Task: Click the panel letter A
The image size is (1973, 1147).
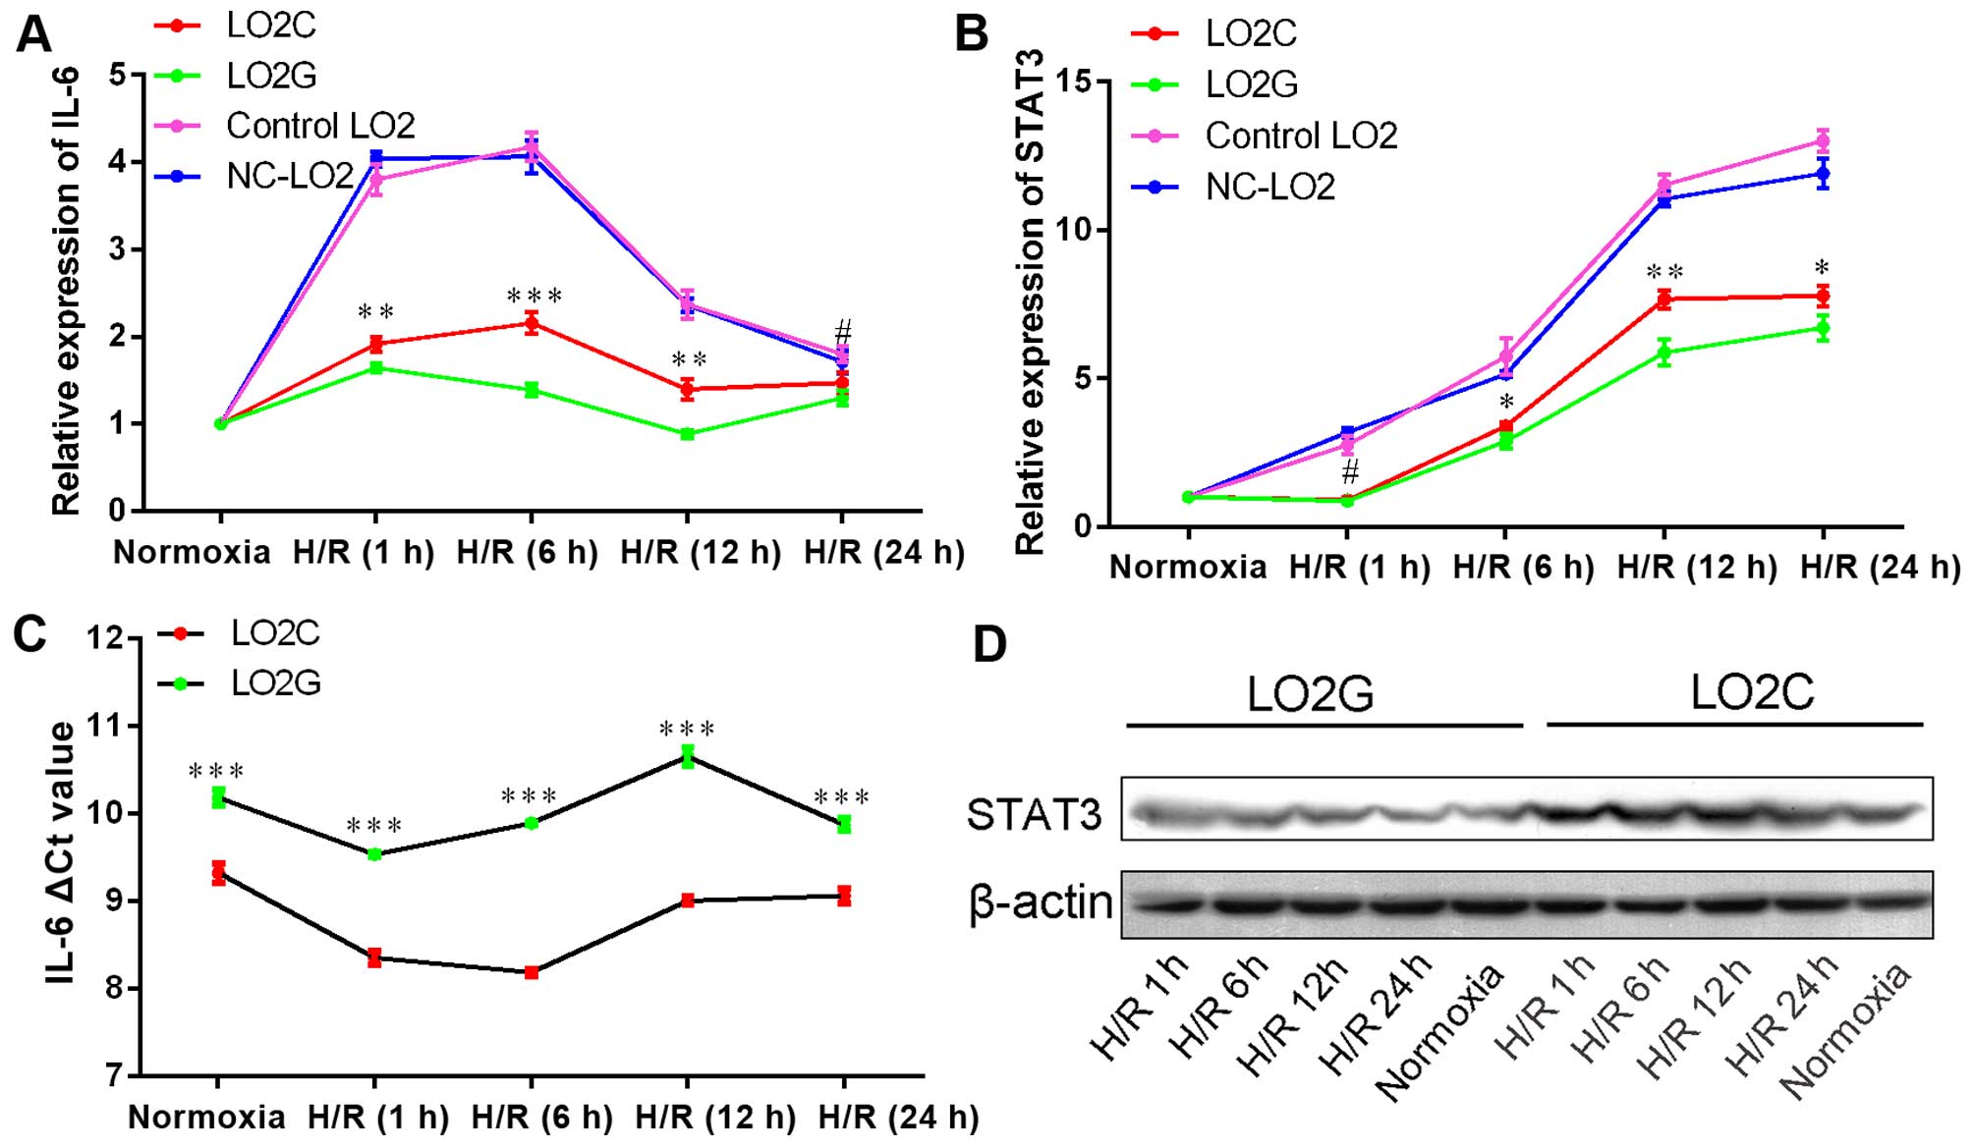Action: pos(33,36)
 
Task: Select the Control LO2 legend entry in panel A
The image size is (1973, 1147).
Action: pos(320,126)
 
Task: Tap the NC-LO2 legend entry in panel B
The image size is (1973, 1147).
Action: pos(1269,187)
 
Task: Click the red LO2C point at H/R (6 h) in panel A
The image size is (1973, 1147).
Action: pos(532,323)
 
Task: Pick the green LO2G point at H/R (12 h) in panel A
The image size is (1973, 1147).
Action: pos(688,433)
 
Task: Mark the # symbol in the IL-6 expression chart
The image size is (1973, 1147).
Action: pos(842,331)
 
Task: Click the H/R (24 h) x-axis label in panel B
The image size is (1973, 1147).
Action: pos(1880,567)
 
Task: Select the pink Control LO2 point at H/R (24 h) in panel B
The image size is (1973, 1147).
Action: pos(1823,140)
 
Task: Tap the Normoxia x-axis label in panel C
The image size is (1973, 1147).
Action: pos(206,1117)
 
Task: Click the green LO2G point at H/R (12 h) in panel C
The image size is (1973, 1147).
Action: pos(688,755)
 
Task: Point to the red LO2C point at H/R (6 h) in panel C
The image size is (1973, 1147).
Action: pos(532,972)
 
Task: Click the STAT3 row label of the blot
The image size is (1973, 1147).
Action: pos(1034,814)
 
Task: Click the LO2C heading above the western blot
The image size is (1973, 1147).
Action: pos(1752,692)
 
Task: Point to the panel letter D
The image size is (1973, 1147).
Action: pos(989,645)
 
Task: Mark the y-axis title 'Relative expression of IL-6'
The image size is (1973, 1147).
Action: pos(67,291)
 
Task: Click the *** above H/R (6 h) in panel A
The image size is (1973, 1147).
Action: pos(534,296)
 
